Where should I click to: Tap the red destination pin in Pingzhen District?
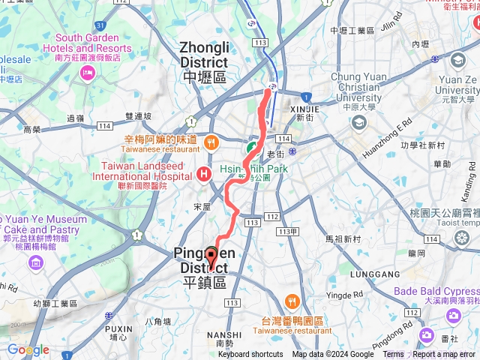pyautogui.click(x=211, y=257)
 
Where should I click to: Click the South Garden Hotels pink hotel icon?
pyautogui.click(x=88, y=73)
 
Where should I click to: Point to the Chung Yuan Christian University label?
pyautogui.click(x=356, y=87)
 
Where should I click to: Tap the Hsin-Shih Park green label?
pyautogui.click(x=255, y=169)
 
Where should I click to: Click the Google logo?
pyautogui.click(x=28, y=350)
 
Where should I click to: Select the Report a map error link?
pyautogui.click(x=443, y=355)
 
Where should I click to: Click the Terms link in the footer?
pyautogui.click(x=393, y=355)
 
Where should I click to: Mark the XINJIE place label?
pyautogui.click(x=304, y=108)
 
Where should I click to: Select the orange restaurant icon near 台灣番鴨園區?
pyautogui.click(x=292, y=302)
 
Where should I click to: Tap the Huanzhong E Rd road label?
pyautogui.click(x=387, y=139)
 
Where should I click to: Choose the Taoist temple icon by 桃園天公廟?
pyautogui.click(x=461, y=237)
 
